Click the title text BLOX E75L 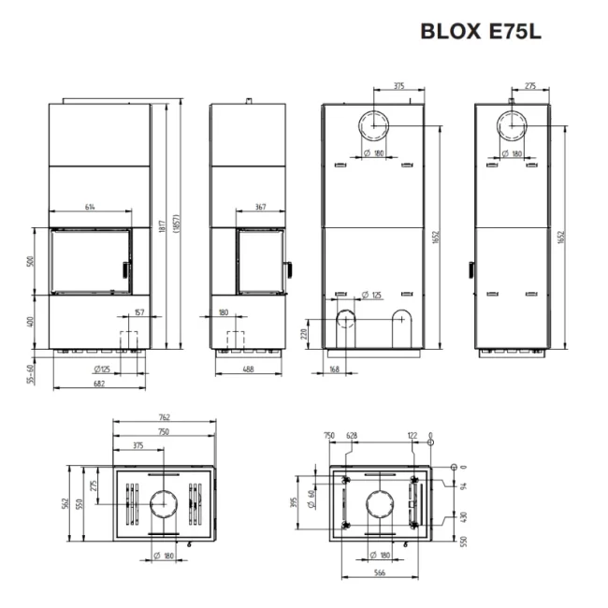coord(481,31)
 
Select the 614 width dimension coord(91,207)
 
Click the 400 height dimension coord(31,322)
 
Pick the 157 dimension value coord(139,312)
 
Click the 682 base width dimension coord(98,382)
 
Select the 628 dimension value coord(353,435)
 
